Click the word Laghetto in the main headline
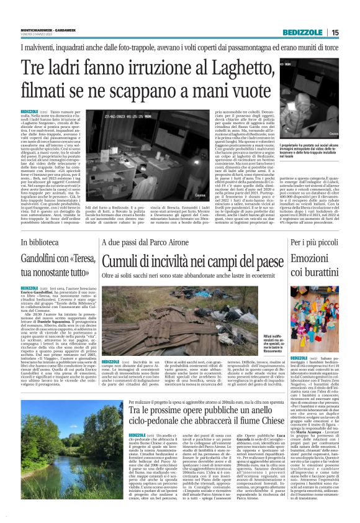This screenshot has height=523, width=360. tap(215, 66)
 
